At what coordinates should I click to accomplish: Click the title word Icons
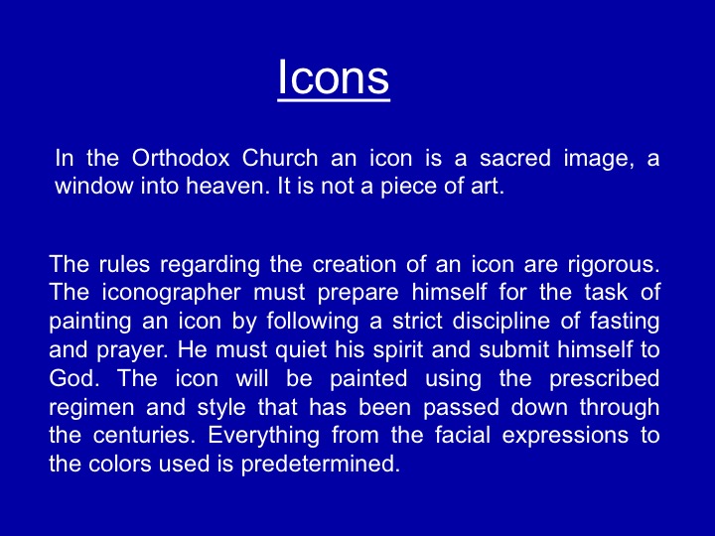tap(334, 76)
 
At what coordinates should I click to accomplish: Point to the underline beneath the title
tap(334, 99)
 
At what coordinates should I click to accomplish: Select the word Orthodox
tap(181, 158)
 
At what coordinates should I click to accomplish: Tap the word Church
tap(279, 158)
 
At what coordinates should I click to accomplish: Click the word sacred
tap(514, 158)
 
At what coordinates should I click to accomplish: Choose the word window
tap(94, 186)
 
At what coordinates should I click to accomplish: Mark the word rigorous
tap(614, 265)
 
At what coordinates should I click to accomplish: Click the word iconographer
tap(171, 293)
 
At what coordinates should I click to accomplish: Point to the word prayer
tap(131, 350)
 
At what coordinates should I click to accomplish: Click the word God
tap(73, 378)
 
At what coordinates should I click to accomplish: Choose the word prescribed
tap(604, 379)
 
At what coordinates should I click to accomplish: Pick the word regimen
tap(91, 408)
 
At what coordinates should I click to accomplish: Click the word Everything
tap(263, 436)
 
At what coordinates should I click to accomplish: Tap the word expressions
tap(565, 436)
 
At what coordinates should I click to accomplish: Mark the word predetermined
tap(321, 464)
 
